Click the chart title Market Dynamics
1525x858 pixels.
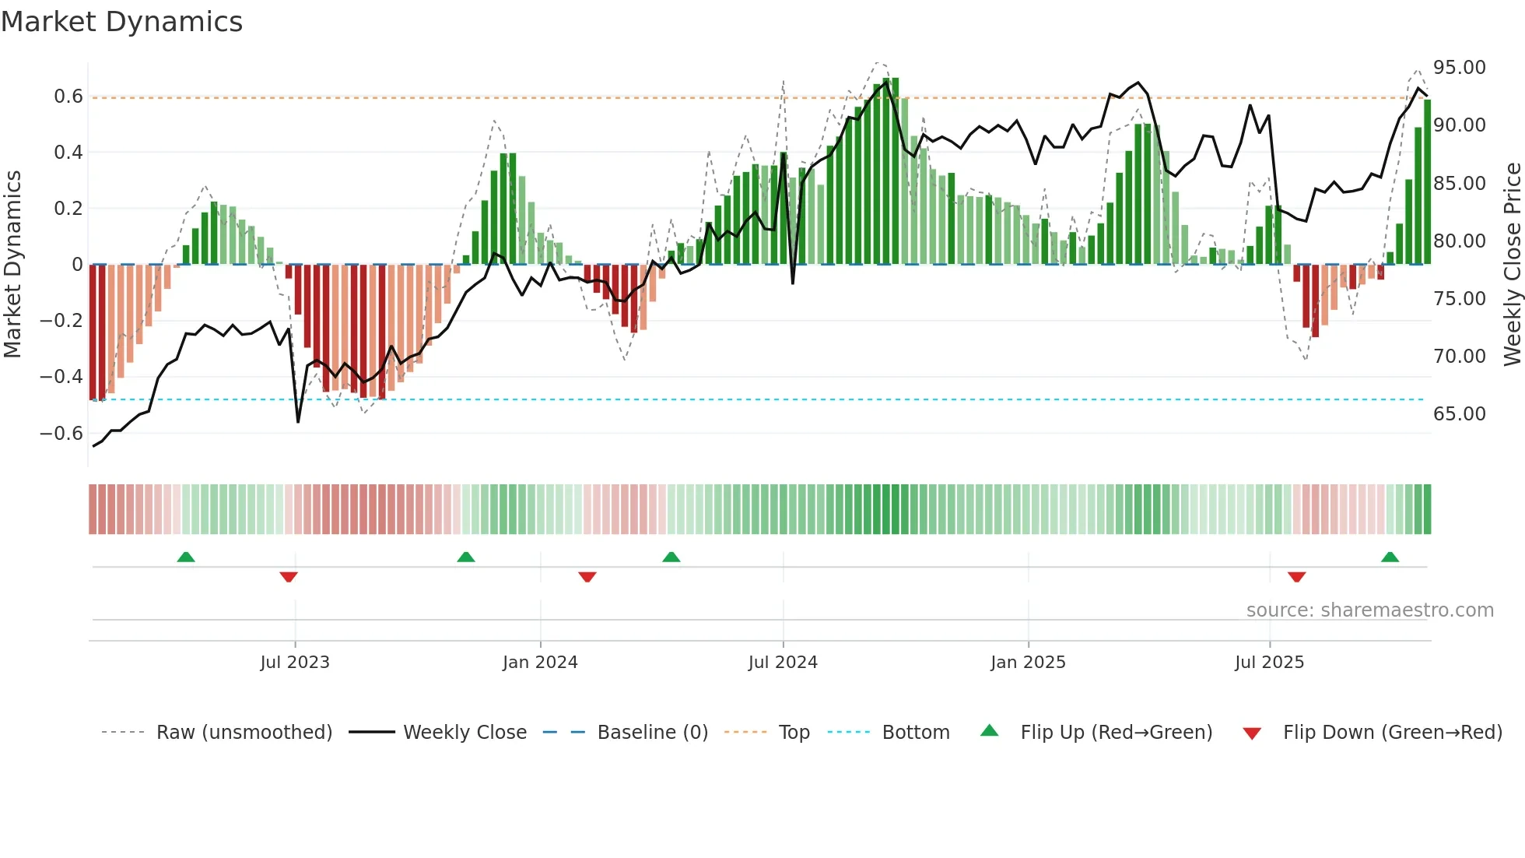point(121,22)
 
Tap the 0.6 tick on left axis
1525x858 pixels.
point(68,97)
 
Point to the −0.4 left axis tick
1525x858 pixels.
point(61,377)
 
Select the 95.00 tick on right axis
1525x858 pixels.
point(1460,68)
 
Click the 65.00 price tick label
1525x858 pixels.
point(1460,414)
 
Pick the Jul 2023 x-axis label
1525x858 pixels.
point(295,663)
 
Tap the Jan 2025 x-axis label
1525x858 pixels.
point(1028,663)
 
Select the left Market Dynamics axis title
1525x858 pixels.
point(12,265)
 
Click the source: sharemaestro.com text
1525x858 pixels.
point(1369,610)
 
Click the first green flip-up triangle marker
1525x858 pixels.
point(186,557)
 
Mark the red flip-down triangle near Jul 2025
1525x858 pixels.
point(1296,577)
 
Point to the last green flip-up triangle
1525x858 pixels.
point(1390,557)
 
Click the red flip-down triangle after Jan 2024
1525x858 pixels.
point(587,577)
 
